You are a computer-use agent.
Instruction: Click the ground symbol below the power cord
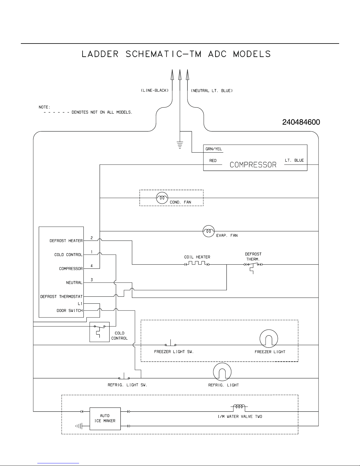[x=180, y=145]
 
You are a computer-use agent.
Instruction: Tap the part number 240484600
[x=301, y=122]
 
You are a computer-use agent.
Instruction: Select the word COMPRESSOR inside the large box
[x=253, y=165]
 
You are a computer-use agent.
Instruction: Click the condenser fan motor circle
[x=162, y=198]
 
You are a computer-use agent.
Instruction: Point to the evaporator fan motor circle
[x=209, y=231]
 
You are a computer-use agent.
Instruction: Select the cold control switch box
[x=99, y=332]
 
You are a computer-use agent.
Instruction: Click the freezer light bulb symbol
[x=269, y=339]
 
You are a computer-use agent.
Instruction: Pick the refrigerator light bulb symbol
[x=222, y=372]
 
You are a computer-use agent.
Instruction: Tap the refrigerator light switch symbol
[x=124, y=377]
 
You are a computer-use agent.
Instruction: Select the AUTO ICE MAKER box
[x=105, y=418]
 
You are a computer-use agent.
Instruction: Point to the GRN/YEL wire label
[x=214, y=149]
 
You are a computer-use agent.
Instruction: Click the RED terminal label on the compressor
[x=213, y=161]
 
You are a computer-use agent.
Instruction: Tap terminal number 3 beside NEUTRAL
[x=92, y=280]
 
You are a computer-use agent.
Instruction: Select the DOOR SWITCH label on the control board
[x=70, y=310]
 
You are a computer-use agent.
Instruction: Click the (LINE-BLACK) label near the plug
[x=155, y=91]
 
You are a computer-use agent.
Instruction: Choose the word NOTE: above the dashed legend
[x=45, y=107]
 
